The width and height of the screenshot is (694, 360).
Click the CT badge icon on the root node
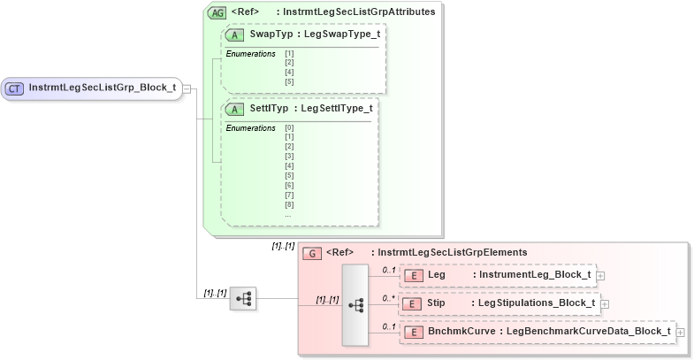[15, 88]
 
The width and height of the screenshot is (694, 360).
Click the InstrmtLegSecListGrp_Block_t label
[102, 88]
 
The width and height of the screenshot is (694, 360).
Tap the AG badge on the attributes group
[216, 13]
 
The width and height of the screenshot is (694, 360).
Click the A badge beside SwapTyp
[235, 34]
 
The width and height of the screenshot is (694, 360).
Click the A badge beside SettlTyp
[235, 109]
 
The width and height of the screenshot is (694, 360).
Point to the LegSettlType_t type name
[337, 109]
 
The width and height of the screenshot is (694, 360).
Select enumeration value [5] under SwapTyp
[289, 81]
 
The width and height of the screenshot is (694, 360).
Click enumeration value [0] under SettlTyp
[289, 127]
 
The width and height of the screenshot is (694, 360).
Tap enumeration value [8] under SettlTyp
[289, 204]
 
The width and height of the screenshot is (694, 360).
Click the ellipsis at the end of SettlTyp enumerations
[288, 214]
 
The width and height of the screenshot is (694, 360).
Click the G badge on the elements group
[311, 253]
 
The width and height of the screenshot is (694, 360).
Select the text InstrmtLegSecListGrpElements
[452, 253]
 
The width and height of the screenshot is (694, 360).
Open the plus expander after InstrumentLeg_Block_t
[601, 276]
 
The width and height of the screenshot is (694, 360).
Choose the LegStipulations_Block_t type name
[536, 303]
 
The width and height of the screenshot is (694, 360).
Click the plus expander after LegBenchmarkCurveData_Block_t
[680, 333]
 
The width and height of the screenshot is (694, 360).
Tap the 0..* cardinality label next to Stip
[388, 298]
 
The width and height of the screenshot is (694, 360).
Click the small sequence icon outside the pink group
[242, 299]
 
